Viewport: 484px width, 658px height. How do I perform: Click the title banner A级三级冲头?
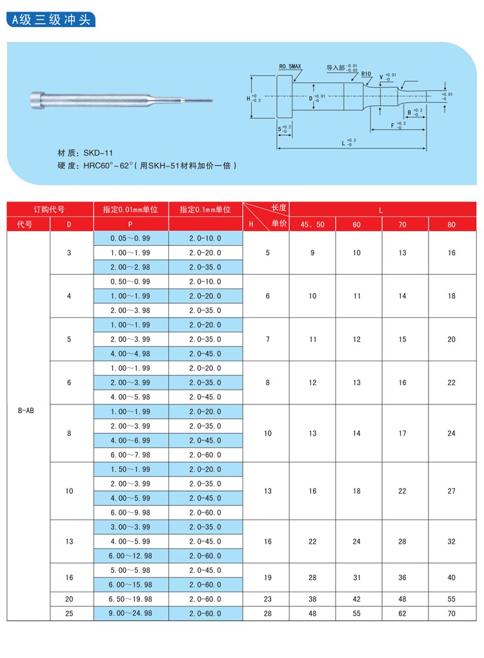tap(52, 20)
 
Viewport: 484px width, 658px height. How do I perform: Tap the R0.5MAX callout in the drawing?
tap(290, 66)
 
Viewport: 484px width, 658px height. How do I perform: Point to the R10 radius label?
tap(366, 74)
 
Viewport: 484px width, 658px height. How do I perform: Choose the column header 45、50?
tap(312, 224)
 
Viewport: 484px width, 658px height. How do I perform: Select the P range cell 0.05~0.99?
tap(130, 239)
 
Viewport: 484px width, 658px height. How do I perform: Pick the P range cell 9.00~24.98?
tap(130, 613)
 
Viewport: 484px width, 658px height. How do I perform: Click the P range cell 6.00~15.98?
tap(130, 584)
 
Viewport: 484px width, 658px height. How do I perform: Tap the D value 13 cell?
tap(70, 541)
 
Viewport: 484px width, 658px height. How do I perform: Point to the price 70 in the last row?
tap(451, 613)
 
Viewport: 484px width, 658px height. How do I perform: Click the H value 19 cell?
tap(268, 577)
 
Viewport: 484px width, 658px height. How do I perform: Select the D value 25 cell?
tap(70, 613)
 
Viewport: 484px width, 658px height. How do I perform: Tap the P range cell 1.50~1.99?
tap(130, 469)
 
